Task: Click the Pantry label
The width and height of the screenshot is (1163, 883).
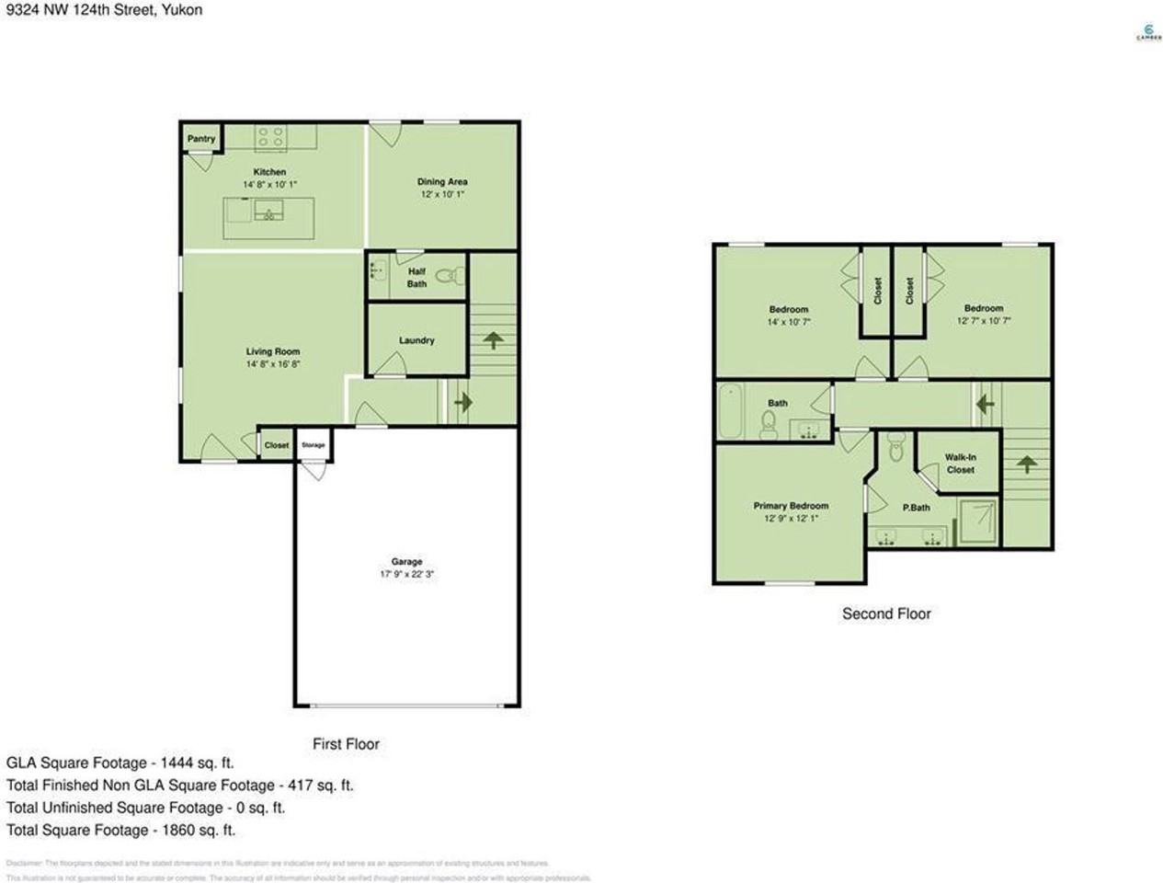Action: [x=201, y=139]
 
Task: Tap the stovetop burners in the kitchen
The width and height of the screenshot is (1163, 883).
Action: [x=270, y=138]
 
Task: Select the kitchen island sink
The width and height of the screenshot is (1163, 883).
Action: [x=269, y=215]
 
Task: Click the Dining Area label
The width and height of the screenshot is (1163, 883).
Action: [x=442, y=182]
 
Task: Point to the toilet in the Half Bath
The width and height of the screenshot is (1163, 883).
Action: [x=447, y=274]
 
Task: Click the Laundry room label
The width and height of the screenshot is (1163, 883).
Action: [x=416, y=340]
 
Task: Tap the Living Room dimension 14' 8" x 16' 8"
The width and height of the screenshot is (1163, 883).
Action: [x=273, y=364]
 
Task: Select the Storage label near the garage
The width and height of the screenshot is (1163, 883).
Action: [x=314, y=445]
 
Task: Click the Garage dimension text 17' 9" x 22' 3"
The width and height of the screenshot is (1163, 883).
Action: [x=407, y=574]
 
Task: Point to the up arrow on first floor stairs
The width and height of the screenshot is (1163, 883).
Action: [x=492, y=340]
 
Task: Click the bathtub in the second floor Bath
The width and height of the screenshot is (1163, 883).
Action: [x=729, y=410]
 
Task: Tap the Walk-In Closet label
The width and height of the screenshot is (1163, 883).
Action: [x=960, y=464]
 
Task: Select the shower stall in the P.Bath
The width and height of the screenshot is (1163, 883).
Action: [x=978, y=522]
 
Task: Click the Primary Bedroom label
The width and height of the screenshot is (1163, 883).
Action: [x=791, y=506]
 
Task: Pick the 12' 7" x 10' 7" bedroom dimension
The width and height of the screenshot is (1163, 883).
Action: [x=984, y=321]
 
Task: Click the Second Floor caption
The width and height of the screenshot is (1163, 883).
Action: [x=886, y=614]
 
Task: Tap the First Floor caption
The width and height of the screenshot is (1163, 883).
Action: [x=346, y=744]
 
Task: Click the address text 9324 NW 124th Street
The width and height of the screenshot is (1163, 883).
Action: [x=73, y=10]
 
